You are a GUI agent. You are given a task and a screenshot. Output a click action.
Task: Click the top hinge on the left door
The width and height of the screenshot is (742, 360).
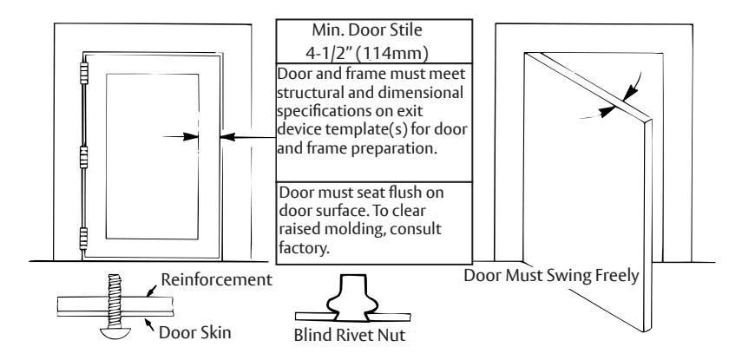[x=84, y=74]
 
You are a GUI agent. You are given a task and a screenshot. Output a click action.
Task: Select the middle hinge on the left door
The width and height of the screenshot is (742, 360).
[x=84, y=157]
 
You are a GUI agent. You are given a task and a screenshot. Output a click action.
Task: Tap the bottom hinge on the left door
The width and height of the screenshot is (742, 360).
[x=84, y=239]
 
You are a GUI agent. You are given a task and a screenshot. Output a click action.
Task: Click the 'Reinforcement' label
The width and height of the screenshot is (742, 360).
[x=217, y=280]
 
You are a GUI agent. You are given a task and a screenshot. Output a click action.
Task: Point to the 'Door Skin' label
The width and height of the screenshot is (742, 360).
[x=195, y=332]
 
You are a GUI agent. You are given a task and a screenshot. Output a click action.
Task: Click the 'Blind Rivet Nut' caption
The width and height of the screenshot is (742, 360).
[x=350, y=335]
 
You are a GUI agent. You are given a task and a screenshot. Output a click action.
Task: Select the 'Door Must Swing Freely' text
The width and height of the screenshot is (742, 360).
[x=551, y=275]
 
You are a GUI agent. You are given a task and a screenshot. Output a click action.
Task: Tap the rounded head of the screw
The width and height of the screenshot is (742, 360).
[x=115, y=333]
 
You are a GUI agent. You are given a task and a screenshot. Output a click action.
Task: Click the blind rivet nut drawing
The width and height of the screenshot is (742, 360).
[x=353, y=298]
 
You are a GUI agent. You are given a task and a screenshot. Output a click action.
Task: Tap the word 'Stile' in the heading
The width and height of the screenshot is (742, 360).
[x=404, y=30]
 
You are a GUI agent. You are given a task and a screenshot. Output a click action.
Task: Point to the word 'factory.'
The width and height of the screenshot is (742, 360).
[x=304, y=247]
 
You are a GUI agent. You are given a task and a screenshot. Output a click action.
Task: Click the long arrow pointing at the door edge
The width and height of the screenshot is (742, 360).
[x=248, y=137]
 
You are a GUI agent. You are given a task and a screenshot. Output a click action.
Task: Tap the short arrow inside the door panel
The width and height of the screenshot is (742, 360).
[x=181, y=137]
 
